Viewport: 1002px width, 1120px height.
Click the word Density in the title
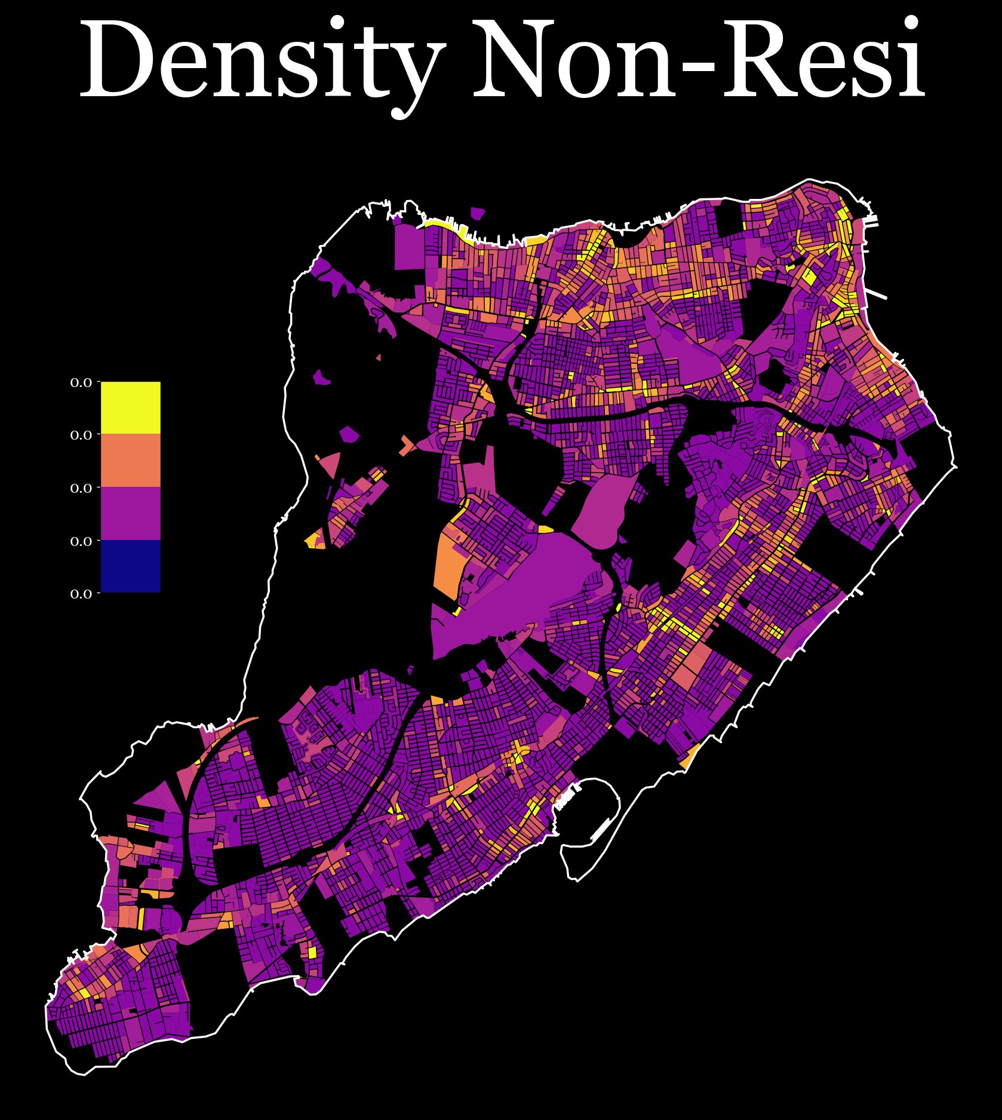point(263,60)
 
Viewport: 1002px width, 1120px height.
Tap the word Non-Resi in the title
point(699,60)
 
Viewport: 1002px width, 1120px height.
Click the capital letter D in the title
point(116,60)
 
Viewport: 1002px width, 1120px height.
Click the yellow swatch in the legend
point(130,407)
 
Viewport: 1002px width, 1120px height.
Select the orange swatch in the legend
point(130,460)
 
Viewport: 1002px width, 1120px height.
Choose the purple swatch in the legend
point(130,513)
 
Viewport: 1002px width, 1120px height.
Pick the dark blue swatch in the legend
point(130,566)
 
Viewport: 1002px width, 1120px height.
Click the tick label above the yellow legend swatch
point(81,382)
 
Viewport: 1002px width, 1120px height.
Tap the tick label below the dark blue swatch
point(81,594)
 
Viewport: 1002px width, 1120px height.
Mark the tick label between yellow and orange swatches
point(81,435)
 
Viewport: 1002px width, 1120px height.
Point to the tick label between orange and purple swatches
point(81,488)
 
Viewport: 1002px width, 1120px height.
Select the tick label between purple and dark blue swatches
point(81,541)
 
